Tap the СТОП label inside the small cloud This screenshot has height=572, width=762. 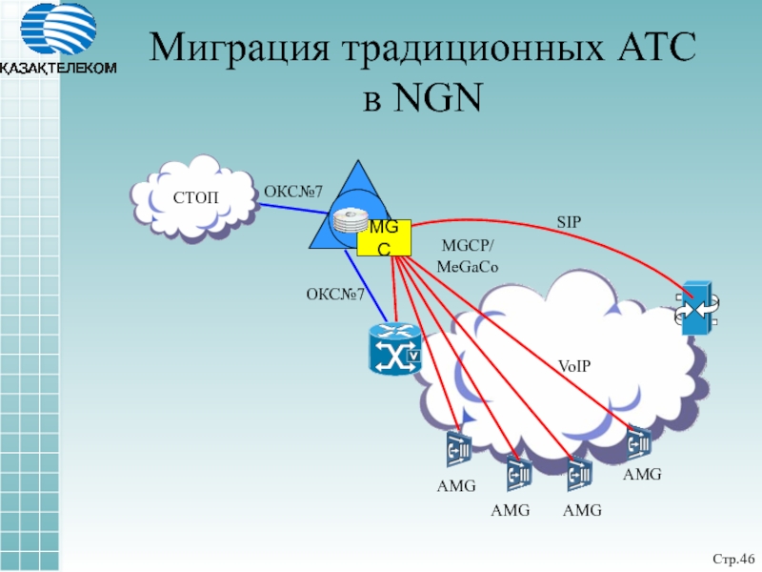195,198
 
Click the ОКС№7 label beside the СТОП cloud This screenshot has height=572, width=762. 292,190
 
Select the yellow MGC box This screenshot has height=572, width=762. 384,237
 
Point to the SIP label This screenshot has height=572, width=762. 569,222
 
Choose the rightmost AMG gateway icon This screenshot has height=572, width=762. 639,441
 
